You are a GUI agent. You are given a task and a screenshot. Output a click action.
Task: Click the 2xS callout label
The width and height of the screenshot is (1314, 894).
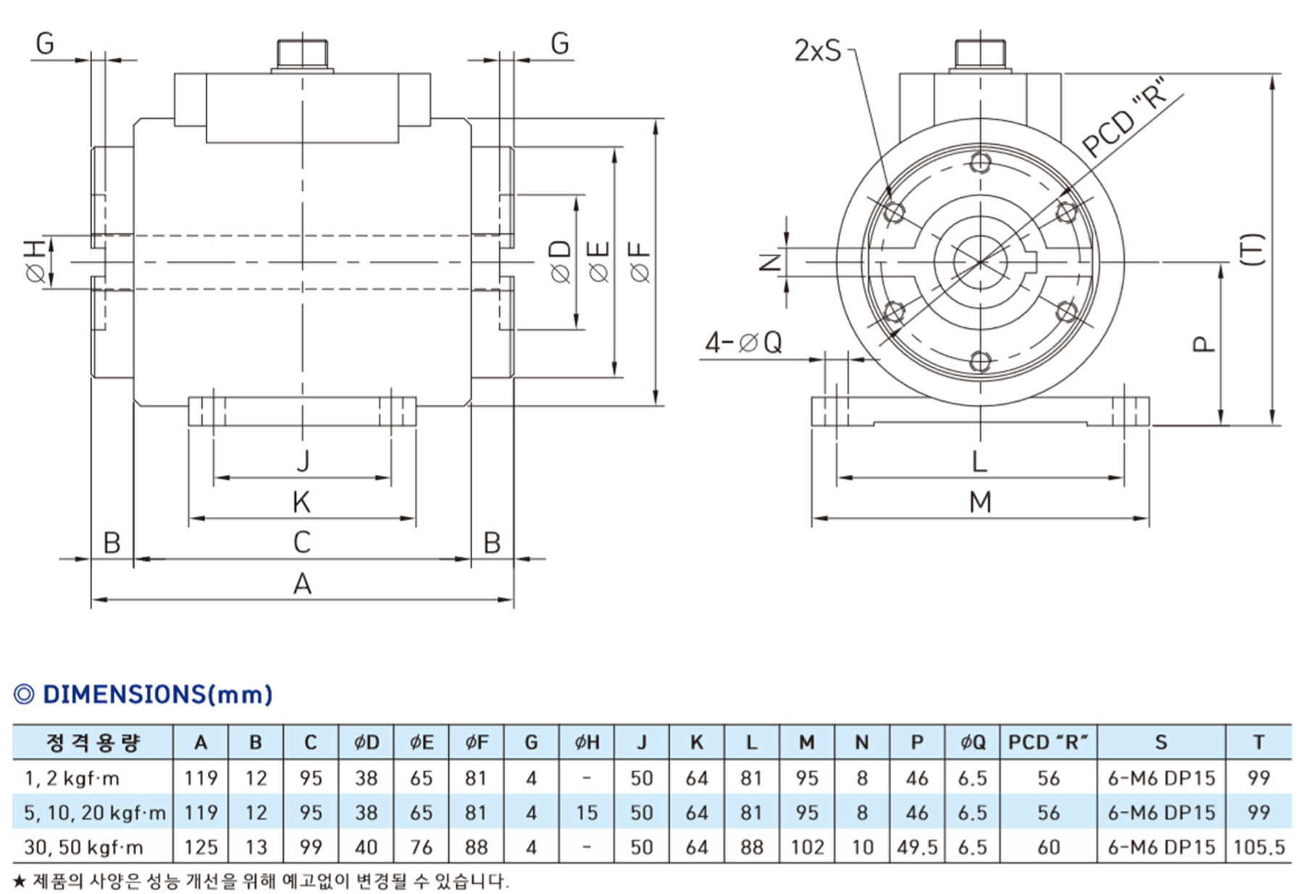click(x=818, y=51)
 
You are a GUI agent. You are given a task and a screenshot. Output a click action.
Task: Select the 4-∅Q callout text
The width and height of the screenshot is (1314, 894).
click(x=744, y=342)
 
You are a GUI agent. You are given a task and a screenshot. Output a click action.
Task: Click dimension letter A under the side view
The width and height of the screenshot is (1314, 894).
click(x=302, y=583)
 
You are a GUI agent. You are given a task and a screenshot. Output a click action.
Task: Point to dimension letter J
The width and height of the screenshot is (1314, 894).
click(x=303, y=460)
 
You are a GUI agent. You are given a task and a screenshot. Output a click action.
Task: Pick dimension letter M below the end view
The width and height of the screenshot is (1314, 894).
click(x=980, y=502)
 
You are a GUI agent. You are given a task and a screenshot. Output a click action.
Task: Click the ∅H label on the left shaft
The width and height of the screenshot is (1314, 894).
click(x=36, y=262)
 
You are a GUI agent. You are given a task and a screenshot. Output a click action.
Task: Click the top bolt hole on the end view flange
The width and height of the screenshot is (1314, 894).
click(x=980, y=162)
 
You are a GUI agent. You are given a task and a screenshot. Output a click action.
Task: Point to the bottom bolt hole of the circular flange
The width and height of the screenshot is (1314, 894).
click(x=980, y=360)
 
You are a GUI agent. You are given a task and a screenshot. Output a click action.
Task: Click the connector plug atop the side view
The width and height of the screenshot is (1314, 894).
click(x=302, y=55)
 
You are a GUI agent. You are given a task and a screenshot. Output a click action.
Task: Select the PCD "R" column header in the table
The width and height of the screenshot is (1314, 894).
click(x=1047, y=743)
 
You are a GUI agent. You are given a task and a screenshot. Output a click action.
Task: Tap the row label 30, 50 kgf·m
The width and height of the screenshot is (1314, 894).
click(x=83, y=847)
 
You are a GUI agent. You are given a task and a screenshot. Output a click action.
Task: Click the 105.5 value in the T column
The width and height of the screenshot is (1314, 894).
click(x=1259, y=847)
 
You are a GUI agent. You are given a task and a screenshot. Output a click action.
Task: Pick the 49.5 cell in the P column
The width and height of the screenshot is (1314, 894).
click(x=917, y=847)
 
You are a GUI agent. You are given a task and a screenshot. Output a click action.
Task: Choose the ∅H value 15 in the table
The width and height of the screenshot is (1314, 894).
click(x=587, y=813)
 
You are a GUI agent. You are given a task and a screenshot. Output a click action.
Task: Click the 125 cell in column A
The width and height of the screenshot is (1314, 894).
click(x=201, y=847)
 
